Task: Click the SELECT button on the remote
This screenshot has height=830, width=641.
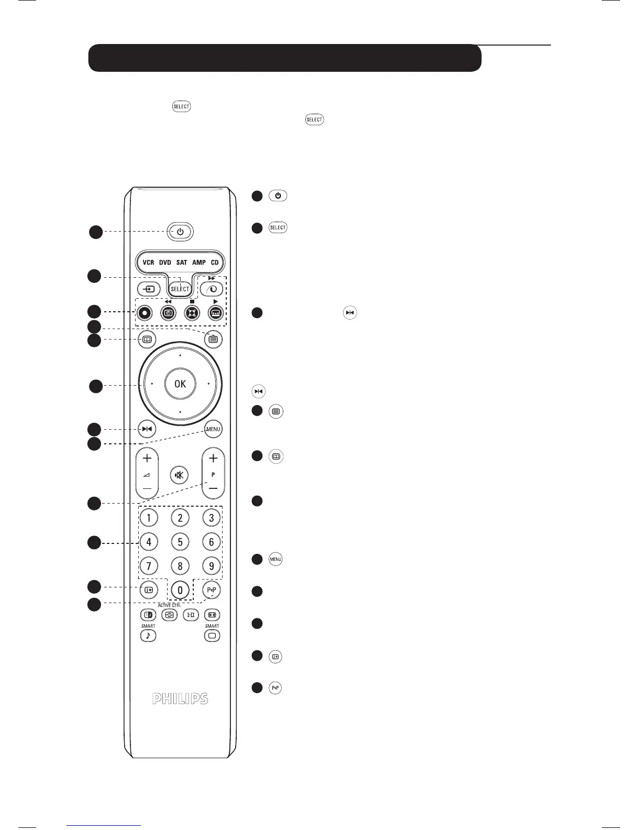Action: (180, 289)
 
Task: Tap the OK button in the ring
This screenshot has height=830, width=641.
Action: (180, 384)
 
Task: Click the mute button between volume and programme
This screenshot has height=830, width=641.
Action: (180, 475)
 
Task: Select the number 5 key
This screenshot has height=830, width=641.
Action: (180, 542)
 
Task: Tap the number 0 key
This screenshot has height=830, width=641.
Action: (180, 590)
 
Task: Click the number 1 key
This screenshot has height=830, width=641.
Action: (148, 518)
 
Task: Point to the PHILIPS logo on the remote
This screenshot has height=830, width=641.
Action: (180, 698)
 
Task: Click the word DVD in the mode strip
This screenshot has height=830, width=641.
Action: (165, 262)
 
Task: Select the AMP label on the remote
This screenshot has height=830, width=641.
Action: (199, 262)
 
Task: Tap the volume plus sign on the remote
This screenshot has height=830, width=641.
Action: (148, 458)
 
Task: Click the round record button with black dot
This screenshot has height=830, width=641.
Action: (146, 312)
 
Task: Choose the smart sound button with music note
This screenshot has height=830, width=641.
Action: (148, 636)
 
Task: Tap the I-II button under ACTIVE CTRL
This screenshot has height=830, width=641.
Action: (191, 615)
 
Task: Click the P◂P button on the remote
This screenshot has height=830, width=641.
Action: (212, 590)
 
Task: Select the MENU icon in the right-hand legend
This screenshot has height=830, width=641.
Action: (275, 560)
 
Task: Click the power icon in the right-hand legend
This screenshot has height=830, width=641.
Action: (278, 196)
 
